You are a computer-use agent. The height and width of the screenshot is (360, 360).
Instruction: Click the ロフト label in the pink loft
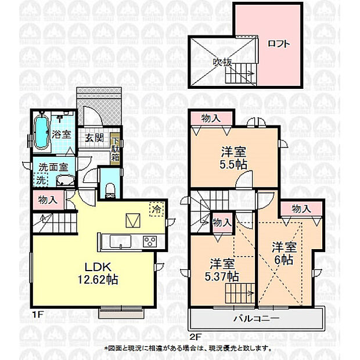click(x=278, y=44)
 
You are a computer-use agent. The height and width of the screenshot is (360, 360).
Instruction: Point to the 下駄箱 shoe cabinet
click(x=116, y=149)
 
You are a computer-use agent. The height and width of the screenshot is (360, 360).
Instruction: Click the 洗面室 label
click(x=53, y=167)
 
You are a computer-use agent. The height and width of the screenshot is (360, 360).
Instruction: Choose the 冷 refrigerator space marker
click(x=156, y=207)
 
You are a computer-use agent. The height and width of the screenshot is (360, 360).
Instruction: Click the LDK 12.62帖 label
click(x=99, y=273)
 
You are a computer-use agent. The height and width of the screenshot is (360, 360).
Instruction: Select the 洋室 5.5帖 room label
click(x=234, y=159)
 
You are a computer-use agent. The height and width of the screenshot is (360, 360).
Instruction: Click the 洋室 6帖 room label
click(x=285, y=253)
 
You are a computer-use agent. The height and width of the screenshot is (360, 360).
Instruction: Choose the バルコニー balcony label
click(x=256, y=319)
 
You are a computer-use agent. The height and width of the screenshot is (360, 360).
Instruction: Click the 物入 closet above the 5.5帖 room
click(x=211, y=118)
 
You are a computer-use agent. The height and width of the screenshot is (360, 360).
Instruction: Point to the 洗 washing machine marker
click(x=41, y=180)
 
